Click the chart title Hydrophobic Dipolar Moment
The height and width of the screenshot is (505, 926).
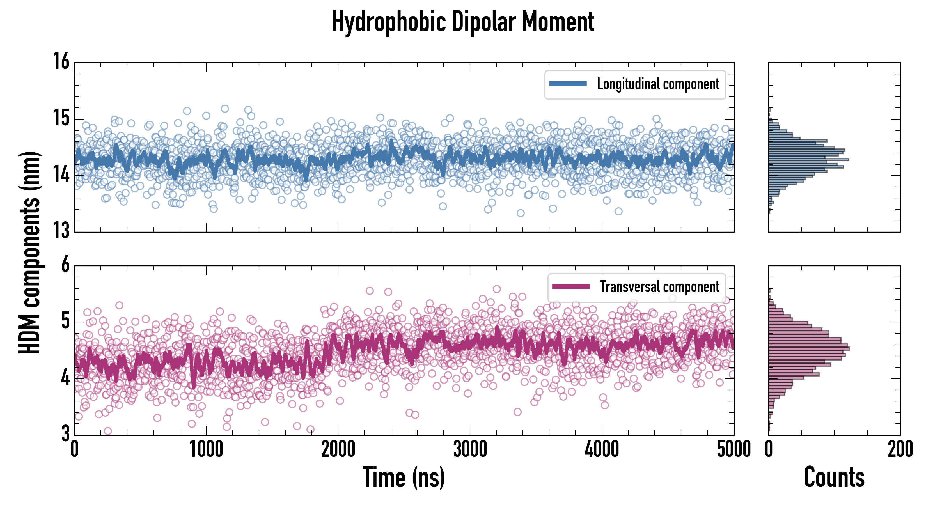point(463,22)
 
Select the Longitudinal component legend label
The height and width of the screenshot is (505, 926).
point(658,84)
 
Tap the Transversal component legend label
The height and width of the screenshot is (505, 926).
point(660,287)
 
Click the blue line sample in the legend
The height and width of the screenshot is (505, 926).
point(568,84)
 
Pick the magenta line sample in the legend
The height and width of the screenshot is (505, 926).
point(571,286)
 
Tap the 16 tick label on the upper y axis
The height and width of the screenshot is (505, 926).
point(61,61)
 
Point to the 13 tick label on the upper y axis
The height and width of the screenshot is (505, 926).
point(61,230)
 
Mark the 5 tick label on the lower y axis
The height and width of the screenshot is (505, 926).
point(65,321)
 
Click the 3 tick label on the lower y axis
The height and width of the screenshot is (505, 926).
point(65,433)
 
